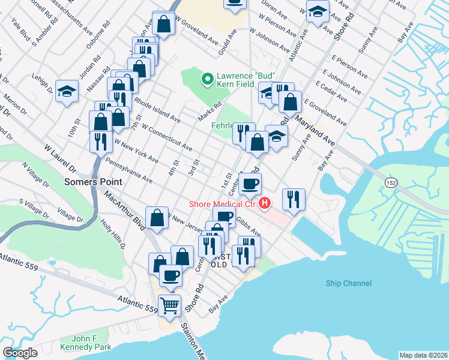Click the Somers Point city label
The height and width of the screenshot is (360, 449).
pyautogui.click(x=94, y=181)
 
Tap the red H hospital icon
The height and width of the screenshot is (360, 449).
pyautogui.click(x=263, y=205)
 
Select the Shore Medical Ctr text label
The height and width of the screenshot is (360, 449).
pyautogui.click(x=221, y=205)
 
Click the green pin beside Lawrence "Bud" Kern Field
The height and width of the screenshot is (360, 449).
pyautogui.click(x=207, y=78)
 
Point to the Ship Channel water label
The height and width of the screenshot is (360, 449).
pyautogui.click(x=348, y=283)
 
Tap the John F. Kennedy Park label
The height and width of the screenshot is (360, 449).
pyautogui.click(x=88, y=343)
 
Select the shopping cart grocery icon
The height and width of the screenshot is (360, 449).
pyautogui.click(x=170, y=305)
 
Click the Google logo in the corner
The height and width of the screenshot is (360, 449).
pyautogui.click(x=20, y=353)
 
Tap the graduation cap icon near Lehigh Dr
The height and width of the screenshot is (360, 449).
pyautogui.click(x=67, y=91)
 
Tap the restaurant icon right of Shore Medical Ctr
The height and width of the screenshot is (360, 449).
pyautogui.click(x=293, y=199)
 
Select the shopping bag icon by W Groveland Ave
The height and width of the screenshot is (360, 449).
pyautogui.click(x=163, y=24)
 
